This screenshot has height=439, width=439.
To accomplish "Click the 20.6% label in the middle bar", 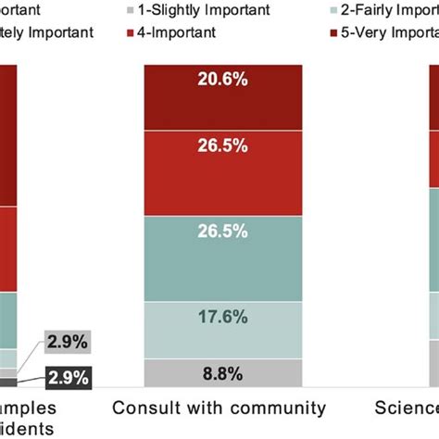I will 222,81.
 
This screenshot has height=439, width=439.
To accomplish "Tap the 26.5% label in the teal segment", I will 222,231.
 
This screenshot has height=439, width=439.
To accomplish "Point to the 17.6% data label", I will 222,317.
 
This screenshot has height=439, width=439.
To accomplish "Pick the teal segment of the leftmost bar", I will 6,320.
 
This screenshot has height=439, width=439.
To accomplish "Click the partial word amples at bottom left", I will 28,408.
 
